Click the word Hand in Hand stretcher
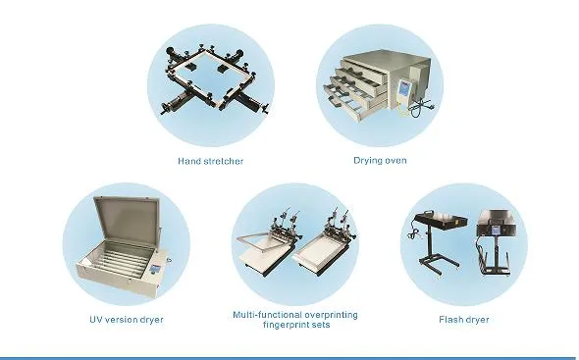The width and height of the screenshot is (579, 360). pos(188,161)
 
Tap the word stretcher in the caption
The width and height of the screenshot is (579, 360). pos(223,161)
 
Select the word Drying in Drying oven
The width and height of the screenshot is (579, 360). pos(365,161)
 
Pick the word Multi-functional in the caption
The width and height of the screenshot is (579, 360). pos(263,315)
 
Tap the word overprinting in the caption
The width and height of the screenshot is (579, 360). pos(327,315)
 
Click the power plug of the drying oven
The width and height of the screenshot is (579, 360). pos(430,107)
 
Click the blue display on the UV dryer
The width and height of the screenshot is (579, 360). pos(154,269)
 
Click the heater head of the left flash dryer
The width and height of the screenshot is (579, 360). pos(442,220)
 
